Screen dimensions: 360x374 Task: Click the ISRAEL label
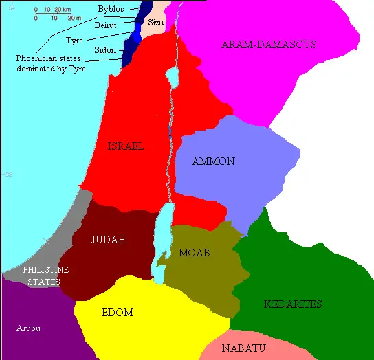coord(126,146)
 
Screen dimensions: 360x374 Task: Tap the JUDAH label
coord(109,240)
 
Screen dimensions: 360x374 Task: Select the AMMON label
coord(214,161)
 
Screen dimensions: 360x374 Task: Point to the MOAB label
coord(194,253)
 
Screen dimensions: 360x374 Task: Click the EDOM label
coord(117,313)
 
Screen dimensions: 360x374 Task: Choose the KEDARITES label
coord(293,304)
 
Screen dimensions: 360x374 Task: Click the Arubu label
coord(28,328)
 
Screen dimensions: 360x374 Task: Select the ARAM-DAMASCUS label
coord(269,44)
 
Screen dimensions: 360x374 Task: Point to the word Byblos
coord(111,8)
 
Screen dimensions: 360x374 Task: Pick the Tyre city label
coord(74,41)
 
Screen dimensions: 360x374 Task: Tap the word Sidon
coord(105,50)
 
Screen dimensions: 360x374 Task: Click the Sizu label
coord(157,23)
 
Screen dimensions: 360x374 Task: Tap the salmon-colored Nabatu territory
coord(275,347)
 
